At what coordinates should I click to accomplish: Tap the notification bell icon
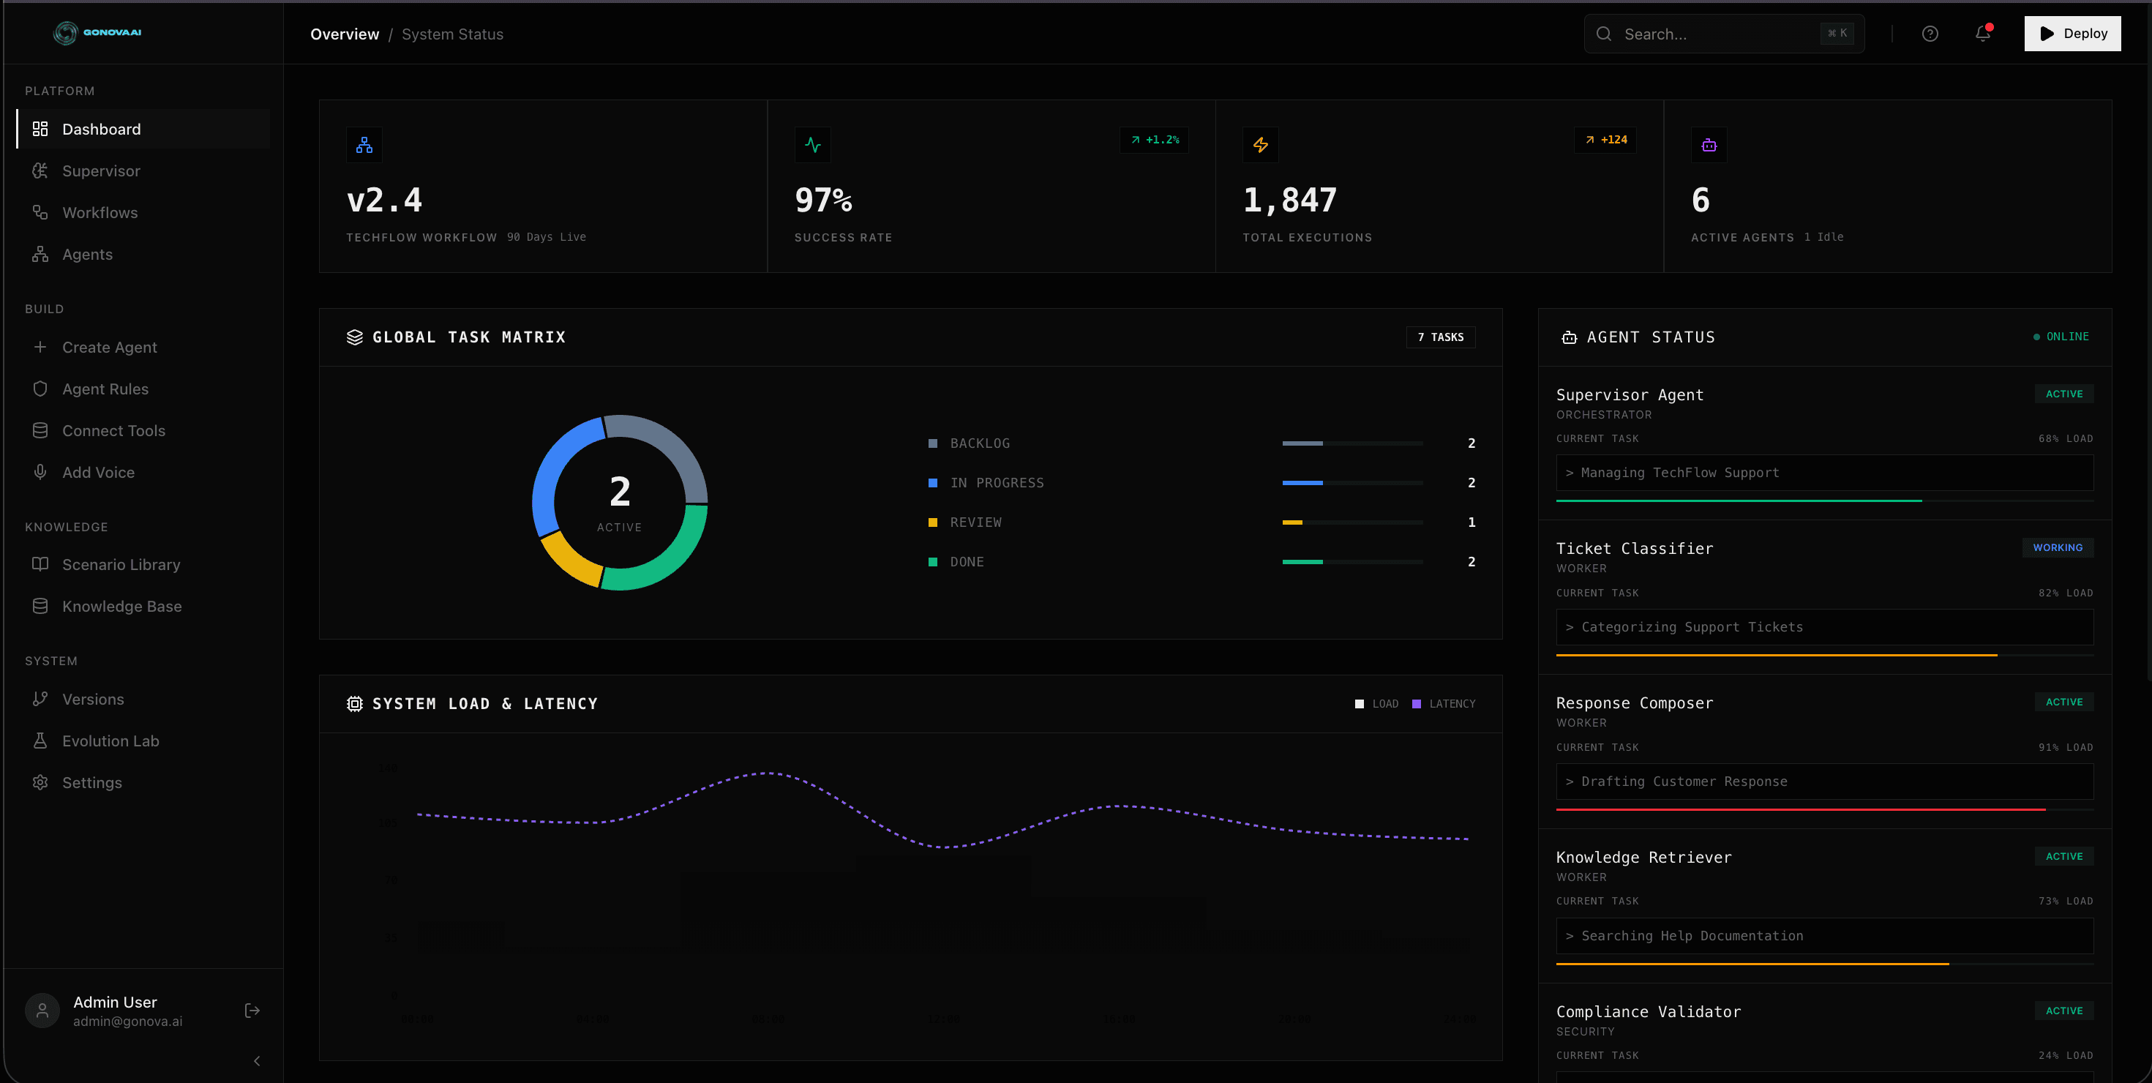[x=1982, y=34]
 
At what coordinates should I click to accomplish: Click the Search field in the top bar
[x=1712, y=34]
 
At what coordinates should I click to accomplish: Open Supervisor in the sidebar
[x=101, y=171]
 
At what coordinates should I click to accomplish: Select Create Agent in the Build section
[x=110, y=348]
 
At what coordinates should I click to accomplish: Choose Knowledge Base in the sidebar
[x=122, y=607]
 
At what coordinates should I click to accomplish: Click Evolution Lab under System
[x=110, y=741]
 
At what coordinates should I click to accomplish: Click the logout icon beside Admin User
[x=252, y=1011]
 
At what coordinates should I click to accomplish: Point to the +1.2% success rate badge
[x=1155, y=140]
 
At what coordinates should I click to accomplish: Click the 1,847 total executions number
[x=1290, y=201]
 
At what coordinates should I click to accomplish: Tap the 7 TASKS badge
[x=1440, y=337]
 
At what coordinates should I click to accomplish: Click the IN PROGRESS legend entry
[x=996, y=483]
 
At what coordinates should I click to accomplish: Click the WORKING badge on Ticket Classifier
[x=2057, y=548]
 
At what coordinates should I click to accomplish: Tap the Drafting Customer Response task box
[x=1823, y=782]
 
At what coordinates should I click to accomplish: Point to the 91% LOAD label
[x=2065, y=748]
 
